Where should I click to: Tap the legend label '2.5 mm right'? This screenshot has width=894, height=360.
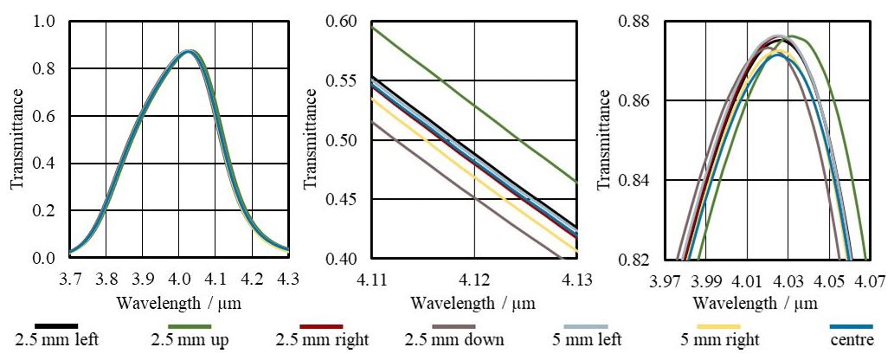[x=321, y=340]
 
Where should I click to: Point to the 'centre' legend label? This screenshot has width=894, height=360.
[x=850, y=340]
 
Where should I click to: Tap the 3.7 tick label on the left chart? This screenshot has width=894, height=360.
[x=70, y=279]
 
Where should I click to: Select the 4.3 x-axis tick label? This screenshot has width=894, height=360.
[x=288, y=279]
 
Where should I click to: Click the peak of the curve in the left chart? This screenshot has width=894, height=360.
[x=190, y=51]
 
